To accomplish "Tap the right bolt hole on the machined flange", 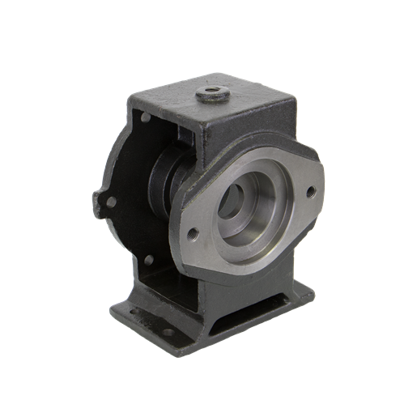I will [309, 192].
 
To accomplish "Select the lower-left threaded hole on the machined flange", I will [193, 235].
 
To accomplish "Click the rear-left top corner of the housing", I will [130, 97].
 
